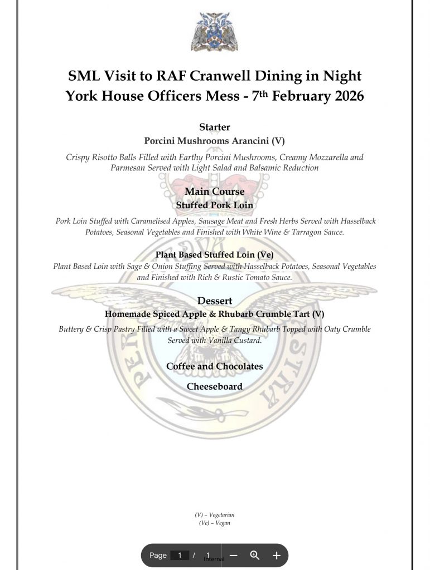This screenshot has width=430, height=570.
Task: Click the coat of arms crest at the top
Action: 215,31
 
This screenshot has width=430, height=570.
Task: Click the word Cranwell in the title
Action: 214,76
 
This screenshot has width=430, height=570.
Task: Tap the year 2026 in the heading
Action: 342,96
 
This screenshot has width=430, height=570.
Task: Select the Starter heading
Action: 215,127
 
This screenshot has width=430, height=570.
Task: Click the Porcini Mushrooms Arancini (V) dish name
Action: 215,141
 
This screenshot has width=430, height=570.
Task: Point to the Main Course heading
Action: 215,191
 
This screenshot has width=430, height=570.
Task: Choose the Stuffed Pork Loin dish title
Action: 215,205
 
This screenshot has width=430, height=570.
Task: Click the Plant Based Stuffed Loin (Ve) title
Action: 215,254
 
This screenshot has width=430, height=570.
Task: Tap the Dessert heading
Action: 215,301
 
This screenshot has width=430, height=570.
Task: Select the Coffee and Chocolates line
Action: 215,366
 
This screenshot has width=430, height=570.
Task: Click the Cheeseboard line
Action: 215,386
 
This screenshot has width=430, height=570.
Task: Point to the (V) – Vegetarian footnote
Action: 215,515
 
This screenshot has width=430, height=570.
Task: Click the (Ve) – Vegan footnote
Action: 215,523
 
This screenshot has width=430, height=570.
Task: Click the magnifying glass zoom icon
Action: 255,555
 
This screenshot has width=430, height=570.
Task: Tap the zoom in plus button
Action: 276,555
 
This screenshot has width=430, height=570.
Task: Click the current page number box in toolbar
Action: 180,555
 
